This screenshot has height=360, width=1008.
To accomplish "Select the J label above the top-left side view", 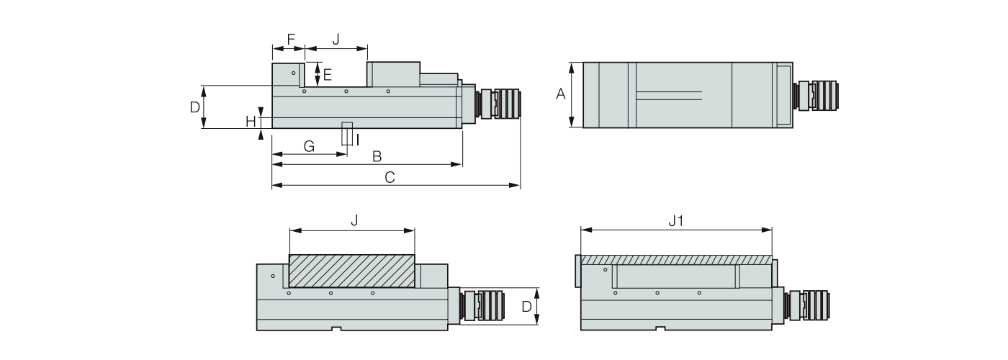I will pos(336,39).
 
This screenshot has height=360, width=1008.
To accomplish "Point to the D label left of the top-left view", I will pos(194,107).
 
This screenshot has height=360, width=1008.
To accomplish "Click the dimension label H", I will pos(251,121).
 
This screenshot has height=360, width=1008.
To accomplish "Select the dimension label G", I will pos(309,146).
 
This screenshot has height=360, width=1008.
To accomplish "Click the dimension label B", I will pos(376,156).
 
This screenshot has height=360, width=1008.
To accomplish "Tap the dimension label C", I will pos(390,177).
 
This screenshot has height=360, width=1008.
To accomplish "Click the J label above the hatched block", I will pos(354,222).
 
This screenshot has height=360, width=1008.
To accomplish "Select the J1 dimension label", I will pos(675,222).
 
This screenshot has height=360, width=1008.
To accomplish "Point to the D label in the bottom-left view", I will pos(526,306).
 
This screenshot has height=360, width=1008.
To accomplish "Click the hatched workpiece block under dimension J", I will pos(351,271).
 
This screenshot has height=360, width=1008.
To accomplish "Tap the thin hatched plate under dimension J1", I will pos(675,259).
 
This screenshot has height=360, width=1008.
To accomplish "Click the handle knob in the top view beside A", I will pos(816,94).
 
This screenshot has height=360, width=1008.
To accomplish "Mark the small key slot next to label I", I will pos(348,135).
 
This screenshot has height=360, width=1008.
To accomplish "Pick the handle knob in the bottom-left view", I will pos(484,305).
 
